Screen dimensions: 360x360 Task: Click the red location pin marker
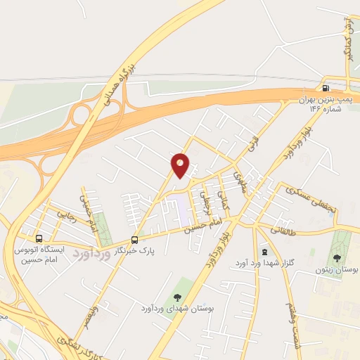pyautogui.click(x=181, y=165)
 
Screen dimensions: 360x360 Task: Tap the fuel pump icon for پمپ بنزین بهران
pyautogui.click(x=325, y=88)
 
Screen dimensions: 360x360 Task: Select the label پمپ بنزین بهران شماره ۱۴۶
pyautogui.click(x=323, y=105)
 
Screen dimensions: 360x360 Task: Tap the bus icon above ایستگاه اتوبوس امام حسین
pyautogui.click(x=38, y=238)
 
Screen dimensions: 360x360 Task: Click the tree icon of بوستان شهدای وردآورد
pyautogui.click(x=176, y=296)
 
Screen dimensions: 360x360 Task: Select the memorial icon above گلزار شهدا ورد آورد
pyautogui.click(x=264, y=252)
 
